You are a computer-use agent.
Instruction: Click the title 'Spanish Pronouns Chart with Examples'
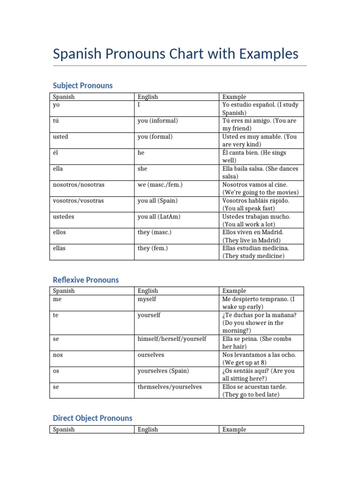tap(176, 54)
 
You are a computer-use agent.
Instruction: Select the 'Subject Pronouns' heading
tap(82, 85)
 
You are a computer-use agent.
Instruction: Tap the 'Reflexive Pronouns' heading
tap(86, 280)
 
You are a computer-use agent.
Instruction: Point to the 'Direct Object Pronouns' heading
tap(92, 418)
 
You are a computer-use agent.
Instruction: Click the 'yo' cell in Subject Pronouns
tap(57, 105)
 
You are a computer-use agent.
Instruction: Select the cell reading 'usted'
tap(60, 137)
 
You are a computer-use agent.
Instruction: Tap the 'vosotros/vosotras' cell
tap(78, 201)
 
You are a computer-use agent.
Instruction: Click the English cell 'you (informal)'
tap(158, 121)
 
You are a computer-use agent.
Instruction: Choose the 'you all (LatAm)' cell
tap(159, 217)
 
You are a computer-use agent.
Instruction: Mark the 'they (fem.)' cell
tap(153, 248)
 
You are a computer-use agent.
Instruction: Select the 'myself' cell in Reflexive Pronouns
tap(147, 299)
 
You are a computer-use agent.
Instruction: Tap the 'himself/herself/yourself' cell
tap(172, 339)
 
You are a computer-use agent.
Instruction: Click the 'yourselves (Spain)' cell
tap(164, 371)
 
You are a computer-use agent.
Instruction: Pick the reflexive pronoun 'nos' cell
tap(58, 355)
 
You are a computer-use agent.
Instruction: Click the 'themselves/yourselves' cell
tap(170, 387)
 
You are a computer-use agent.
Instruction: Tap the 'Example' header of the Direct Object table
tap(234, 429)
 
